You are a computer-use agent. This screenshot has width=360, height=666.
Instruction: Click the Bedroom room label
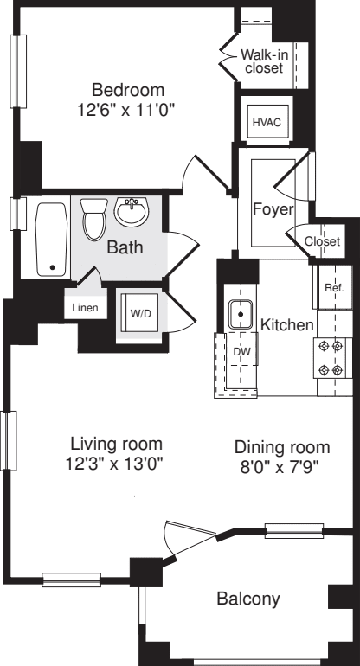(128, 89)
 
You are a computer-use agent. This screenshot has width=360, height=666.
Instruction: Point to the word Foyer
(272, 210)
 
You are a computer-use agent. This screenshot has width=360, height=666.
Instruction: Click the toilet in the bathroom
(93, 219)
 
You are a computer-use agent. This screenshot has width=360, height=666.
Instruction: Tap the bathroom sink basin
(132, 210)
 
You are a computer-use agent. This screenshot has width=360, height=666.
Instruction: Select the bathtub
(52, 238)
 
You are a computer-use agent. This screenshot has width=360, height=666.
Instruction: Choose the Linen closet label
(85, 307)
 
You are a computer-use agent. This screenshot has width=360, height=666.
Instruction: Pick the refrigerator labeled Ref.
(334, 288)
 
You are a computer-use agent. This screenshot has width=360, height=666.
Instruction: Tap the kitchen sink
(239, 312)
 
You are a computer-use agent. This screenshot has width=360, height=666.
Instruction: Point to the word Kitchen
(286, 325)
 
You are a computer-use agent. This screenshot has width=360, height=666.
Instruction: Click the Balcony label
(247, 599)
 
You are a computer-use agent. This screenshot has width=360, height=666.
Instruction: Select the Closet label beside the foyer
(322, 241)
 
